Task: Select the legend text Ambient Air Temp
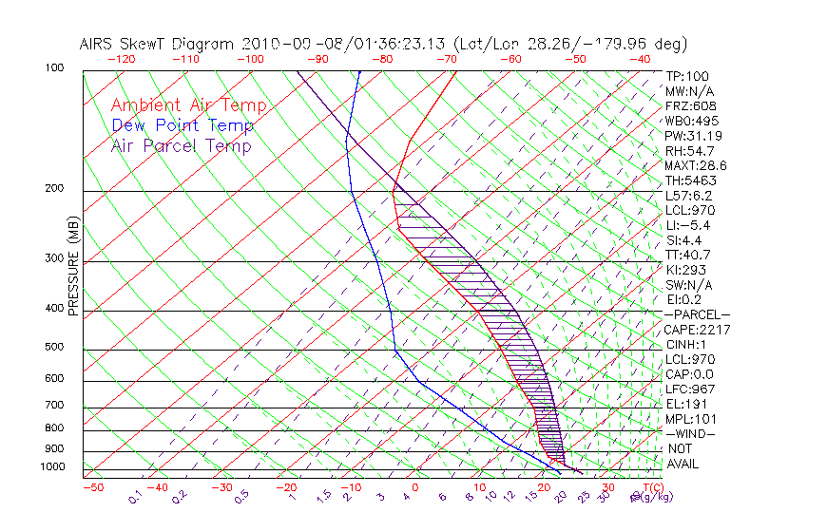pyautogui.click(x=188, y=106)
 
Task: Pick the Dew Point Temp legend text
pyautogui.click(x=183, y=126)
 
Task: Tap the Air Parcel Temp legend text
pyautogui.click(x=182, y=146)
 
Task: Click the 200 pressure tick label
pyautogui.click(x=55, y=189)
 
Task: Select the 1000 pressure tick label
pyautogui.click(x=52, y=467)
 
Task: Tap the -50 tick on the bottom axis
pyautogui.click(x=92, y=487)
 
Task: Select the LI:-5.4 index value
pyautogui.click(x=686, y=225)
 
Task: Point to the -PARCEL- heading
pyautogui.click(x=697, y=314)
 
